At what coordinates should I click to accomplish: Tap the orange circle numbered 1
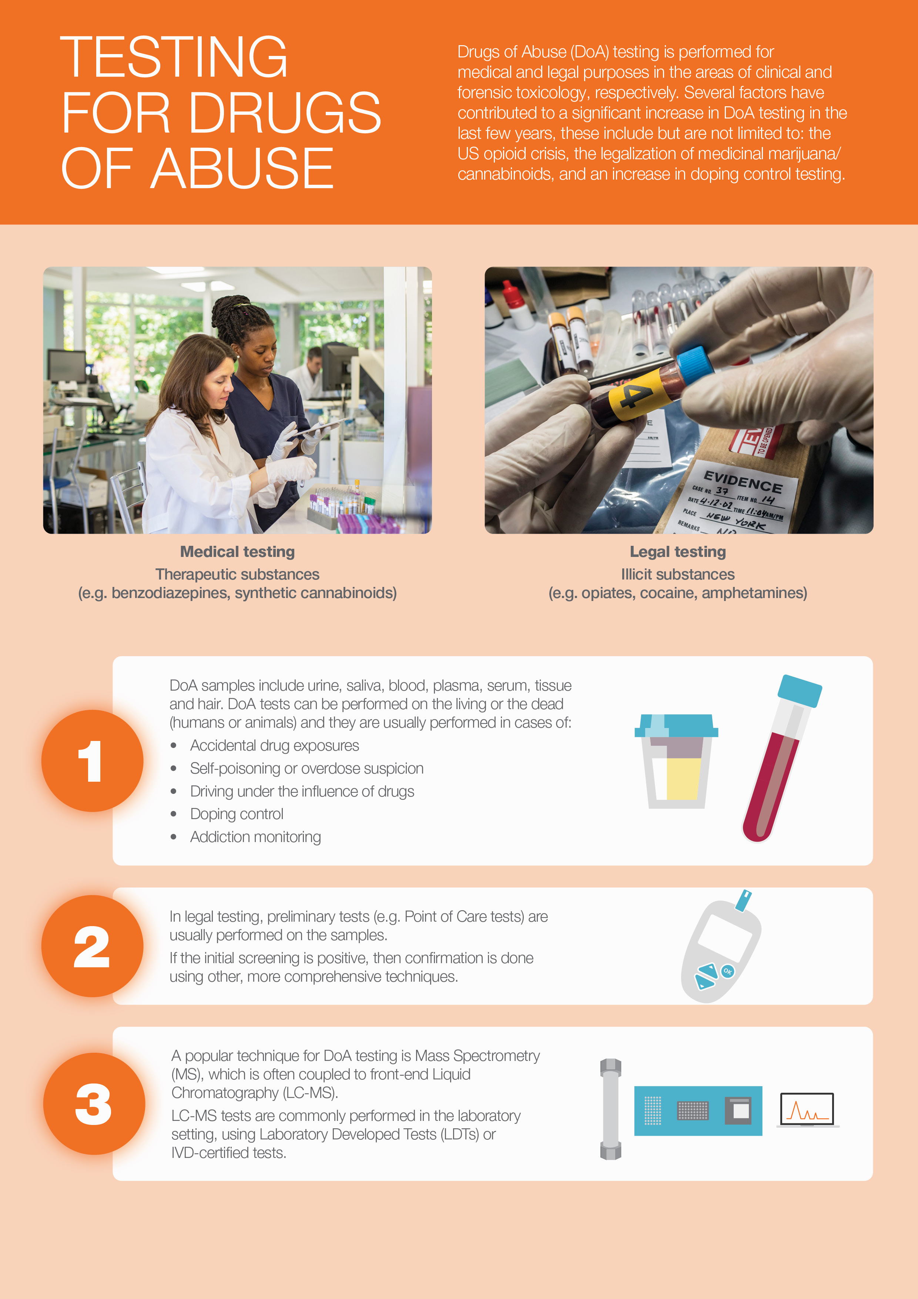coord(92,761)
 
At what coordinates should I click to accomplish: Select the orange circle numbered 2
coord(92,946)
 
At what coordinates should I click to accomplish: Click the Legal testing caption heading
coord(678,552)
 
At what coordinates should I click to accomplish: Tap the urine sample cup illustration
coord(676,761)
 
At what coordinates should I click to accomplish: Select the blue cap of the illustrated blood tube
coord(799,690)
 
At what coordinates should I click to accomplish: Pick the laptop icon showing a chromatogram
coord(807,1110)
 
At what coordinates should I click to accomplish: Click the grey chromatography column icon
coord(610,1109)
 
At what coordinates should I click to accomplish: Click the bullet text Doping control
coord(237,814)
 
